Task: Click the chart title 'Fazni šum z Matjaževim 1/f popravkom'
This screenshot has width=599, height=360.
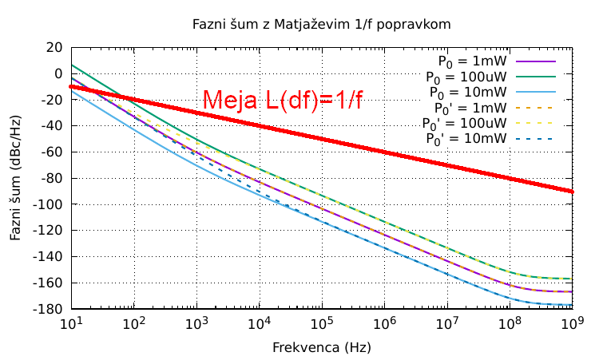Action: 322,24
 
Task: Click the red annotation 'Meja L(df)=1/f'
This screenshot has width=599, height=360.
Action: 283,100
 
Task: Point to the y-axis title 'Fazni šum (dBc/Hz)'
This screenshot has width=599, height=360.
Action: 16,177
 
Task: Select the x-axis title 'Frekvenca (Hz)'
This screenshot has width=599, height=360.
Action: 322,348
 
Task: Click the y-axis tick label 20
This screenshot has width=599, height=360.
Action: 54,48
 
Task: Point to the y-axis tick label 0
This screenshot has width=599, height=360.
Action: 58,74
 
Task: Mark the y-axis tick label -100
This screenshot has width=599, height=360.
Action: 49,204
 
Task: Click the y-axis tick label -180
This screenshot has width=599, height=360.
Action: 49,309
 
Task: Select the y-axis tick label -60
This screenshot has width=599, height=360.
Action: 52,152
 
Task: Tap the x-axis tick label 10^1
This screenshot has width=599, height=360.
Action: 72,323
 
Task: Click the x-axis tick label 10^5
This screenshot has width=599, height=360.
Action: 322,323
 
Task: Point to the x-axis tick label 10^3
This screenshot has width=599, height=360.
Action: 196,323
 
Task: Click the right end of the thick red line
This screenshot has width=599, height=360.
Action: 572,192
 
